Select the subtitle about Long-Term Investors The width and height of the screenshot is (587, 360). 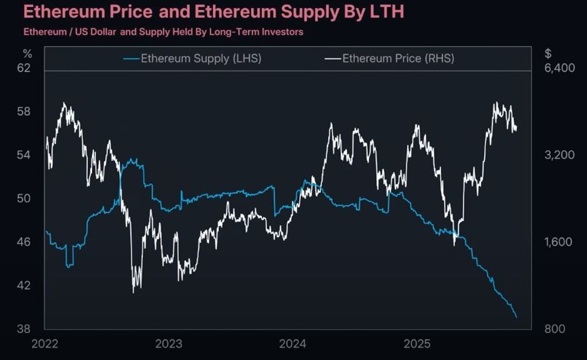coord(163,32)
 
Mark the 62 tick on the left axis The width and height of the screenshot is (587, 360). coord(23,68)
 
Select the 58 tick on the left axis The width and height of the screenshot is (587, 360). coord(23,112)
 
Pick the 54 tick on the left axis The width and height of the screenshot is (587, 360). coord(23,155)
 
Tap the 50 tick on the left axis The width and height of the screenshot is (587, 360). coord(23,199)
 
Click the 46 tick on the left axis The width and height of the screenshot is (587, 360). coord(23,242)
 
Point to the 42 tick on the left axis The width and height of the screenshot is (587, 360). coord(23,285)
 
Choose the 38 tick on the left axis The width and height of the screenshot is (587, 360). coord(23,329)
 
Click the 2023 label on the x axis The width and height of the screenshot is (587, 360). coord(169,344)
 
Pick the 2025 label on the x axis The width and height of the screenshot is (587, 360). coord(417,344)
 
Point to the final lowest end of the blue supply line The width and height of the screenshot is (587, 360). coord(517,317)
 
